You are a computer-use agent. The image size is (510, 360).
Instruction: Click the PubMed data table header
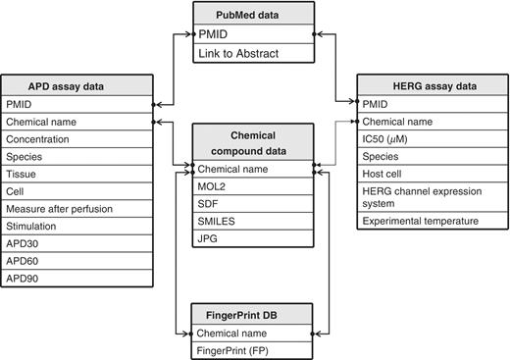(253, 14)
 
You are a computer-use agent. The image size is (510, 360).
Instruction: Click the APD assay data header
(76, 85)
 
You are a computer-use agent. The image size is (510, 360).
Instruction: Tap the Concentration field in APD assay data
(76, 139)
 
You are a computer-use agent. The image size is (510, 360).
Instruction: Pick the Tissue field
(76, 174)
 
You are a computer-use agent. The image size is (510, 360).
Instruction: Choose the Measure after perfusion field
(76, 209)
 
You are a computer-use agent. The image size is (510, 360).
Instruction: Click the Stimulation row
(76, 227)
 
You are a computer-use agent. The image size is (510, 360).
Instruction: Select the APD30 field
(76, 244)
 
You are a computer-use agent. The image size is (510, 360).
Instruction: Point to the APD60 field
(76, 261)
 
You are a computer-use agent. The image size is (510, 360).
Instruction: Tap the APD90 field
(76, 278)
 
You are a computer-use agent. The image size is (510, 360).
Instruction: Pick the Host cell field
(432, 173)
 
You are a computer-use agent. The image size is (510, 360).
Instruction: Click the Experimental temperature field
(432, 221)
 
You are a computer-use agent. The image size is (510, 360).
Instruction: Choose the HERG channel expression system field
(432, 196)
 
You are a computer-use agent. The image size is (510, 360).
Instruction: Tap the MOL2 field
(253, 186)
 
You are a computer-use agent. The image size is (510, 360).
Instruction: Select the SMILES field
(253, 221)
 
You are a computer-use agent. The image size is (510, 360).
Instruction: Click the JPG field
(253, 238)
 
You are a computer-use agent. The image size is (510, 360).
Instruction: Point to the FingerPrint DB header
(253, 314)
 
